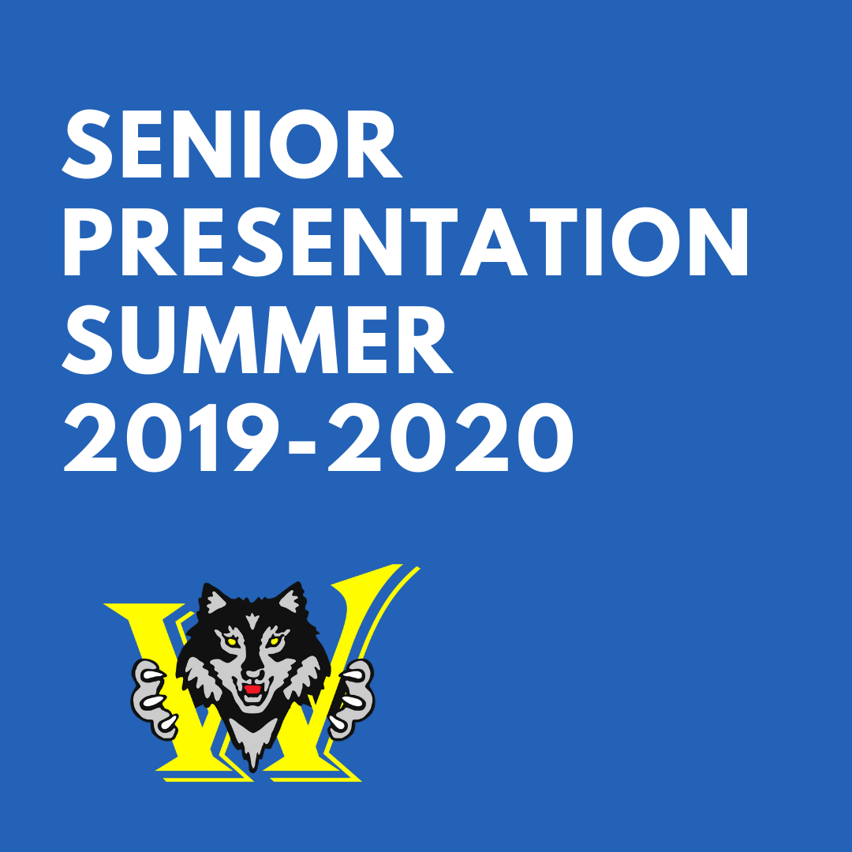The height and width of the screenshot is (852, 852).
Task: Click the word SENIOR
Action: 232,144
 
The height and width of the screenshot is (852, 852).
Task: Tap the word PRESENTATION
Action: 406,242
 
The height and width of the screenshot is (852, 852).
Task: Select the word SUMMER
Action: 257,339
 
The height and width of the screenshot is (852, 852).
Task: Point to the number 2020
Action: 450,437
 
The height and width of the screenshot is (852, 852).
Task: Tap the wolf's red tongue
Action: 252,689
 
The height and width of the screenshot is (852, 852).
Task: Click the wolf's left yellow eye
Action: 231,641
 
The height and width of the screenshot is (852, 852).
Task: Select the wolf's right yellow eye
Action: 274,641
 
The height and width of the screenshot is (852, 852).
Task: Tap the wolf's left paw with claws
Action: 155,697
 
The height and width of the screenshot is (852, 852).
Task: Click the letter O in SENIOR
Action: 304,144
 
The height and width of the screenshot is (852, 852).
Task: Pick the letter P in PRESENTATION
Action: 88,242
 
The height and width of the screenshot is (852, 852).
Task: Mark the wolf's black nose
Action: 252,674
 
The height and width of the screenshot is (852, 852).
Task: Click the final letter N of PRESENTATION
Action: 719,242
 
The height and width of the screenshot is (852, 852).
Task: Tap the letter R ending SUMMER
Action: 425,339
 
